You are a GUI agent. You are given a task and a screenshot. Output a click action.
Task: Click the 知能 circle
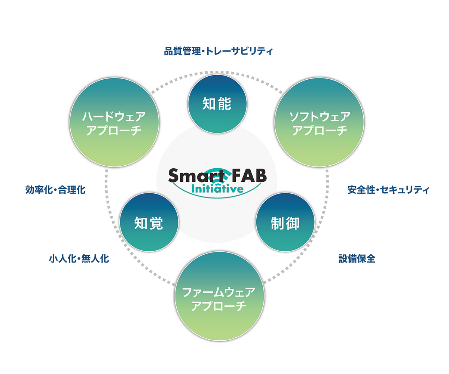217,103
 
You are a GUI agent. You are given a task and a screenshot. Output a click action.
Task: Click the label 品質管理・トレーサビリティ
219,51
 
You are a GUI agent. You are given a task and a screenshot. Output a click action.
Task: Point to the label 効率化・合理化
55,190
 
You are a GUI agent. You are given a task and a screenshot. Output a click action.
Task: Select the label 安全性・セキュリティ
388,190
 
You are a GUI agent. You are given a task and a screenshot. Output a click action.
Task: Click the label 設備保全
357,258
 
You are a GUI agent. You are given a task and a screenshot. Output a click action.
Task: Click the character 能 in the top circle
225,103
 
